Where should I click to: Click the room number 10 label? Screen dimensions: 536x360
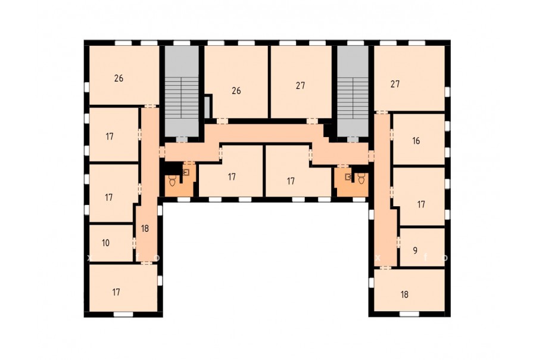pyautogui.click(x=105, y=243)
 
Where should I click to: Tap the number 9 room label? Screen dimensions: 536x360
pyautogui.click(x=415, y=250)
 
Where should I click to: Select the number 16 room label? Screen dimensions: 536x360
pyautogui.click(x=416, y=141)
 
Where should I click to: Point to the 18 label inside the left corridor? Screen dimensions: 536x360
pyautogui.click(x=145, y=229)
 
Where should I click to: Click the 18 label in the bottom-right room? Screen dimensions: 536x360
pyautogui.click(x=404, y=294)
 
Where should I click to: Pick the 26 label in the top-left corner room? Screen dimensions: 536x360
pyautogui.click(x=119, y=78)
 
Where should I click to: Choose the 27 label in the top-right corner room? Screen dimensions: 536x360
pyautogui.click(x=395, y=84)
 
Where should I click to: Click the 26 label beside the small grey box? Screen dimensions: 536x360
pyautogui.click(x=236, y=91)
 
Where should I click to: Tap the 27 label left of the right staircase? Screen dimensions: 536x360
pyautogui.click(x=300, y=85)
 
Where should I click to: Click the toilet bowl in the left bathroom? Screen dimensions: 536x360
pyautogui.click(x=173, y=181)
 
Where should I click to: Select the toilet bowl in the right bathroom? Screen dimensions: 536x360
pyautogui.click(x=362, y=178)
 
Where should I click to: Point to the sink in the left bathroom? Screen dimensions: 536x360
pyautogui.click(x=186, y=172)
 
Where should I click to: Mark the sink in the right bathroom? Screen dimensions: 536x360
pyautogui.click(x=348, y=176)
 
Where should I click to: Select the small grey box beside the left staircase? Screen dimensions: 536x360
pyautogui.click(x=207, y=107)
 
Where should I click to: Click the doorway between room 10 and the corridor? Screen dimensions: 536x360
pyautogui.click(x=134, y=243)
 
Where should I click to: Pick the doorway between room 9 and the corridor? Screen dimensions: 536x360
pyautogui.click(x=398, y=242)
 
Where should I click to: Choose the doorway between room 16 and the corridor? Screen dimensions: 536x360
pyautogui.click(x=391, y=135)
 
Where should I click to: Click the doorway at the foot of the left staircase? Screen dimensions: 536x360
pyautogui.click(x=182, y=139)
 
